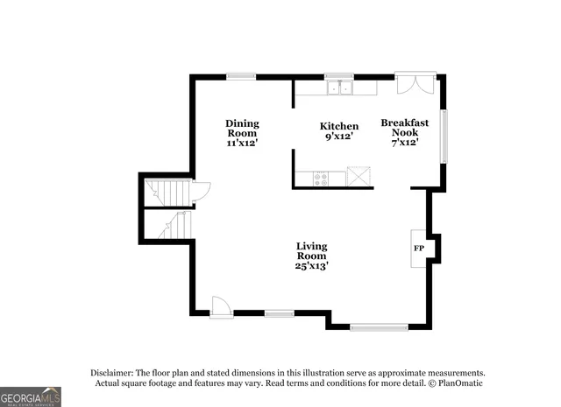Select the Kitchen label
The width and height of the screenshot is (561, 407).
pyautogui.click(x=338, y=127)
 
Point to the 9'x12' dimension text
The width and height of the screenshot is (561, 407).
pyautogui.click(x=338, y=137)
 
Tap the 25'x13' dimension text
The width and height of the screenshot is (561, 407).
pyautogui.click(x=311, y=265)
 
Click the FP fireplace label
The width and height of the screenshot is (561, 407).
pyautogui.click(x=418, y=249)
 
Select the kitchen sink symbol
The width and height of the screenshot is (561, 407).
pyautogui.click(x=338, y=88)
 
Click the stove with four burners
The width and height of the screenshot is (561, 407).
pyautogui.click(x=322, y=178)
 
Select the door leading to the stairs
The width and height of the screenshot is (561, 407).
pyautogui.click(x=201, y=190)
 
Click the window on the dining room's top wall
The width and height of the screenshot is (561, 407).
pyautogui.click(x=241, y=77)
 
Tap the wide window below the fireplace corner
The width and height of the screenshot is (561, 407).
pyautogui.click(x=379, y=326)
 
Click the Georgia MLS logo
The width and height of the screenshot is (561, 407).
pyautogui.click(x=31, y=396)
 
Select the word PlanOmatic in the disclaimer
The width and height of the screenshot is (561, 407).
pyautogui.click(x=455, y=383)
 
